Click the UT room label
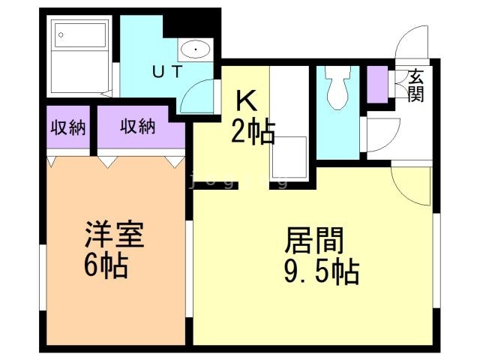click(167, 71)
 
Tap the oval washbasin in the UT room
click(195, 49)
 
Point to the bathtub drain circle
click(61, 35)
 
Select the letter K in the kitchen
click(247, 101)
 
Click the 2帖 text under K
click(253, 132)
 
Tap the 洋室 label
click(114, 234)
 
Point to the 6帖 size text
click(106, 265)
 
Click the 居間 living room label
click(314, 241)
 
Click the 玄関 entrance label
click(416, 85)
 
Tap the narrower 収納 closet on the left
click(68, 127)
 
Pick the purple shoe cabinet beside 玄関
click(377, 85)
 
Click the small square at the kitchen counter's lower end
click(289, 157)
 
